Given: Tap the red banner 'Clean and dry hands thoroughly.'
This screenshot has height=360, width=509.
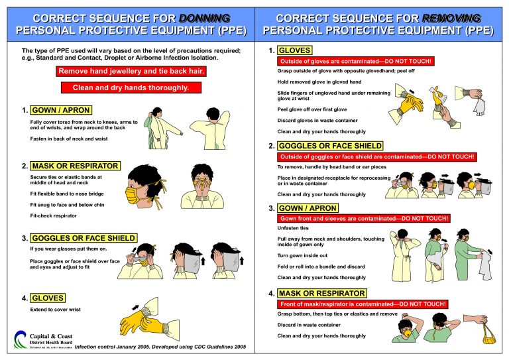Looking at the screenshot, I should point(131,88).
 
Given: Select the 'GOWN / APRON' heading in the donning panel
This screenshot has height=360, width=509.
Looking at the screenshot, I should point(60,110).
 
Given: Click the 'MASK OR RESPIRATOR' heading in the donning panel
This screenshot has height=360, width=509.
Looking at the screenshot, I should point(74,166).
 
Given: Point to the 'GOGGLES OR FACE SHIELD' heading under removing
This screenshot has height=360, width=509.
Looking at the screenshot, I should point(330,146).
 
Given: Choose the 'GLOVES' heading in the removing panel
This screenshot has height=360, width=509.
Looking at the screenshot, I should point(294,50).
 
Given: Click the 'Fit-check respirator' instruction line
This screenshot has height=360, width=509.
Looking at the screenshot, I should point(54,216).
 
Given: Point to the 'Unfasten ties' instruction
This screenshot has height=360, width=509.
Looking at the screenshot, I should point(292,228).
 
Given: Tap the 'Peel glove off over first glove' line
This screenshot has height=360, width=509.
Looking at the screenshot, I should point(311,109).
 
